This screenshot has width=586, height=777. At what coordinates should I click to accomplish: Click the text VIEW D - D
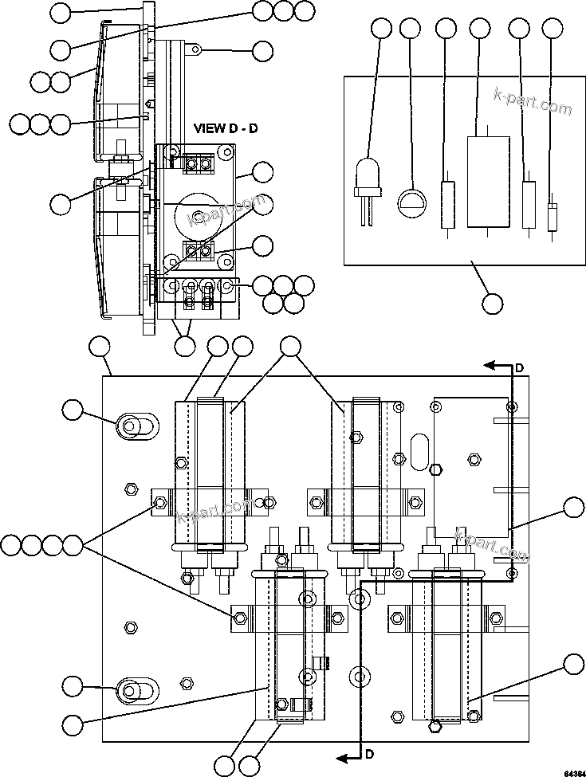click(226, 128)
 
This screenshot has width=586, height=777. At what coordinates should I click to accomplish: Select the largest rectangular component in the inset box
click(487, 182)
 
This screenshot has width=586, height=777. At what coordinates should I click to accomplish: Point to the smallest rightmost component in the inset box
click(552, 217)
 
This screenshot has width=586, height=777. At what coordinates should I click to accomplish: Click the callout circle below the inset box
click(493, 303)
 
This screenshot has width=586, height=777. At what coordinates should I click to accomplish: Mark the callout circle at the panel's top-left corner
click(99, 347)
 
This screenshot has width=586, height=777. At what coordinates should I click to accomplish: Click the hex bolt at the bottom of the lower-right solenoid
click(435, 725)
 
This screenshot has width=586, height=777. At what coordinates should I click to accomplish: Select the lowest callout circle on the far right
click(572, 664)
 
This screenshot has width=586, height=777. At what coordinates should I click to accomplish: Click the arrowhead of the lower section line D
click(340, 755)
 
